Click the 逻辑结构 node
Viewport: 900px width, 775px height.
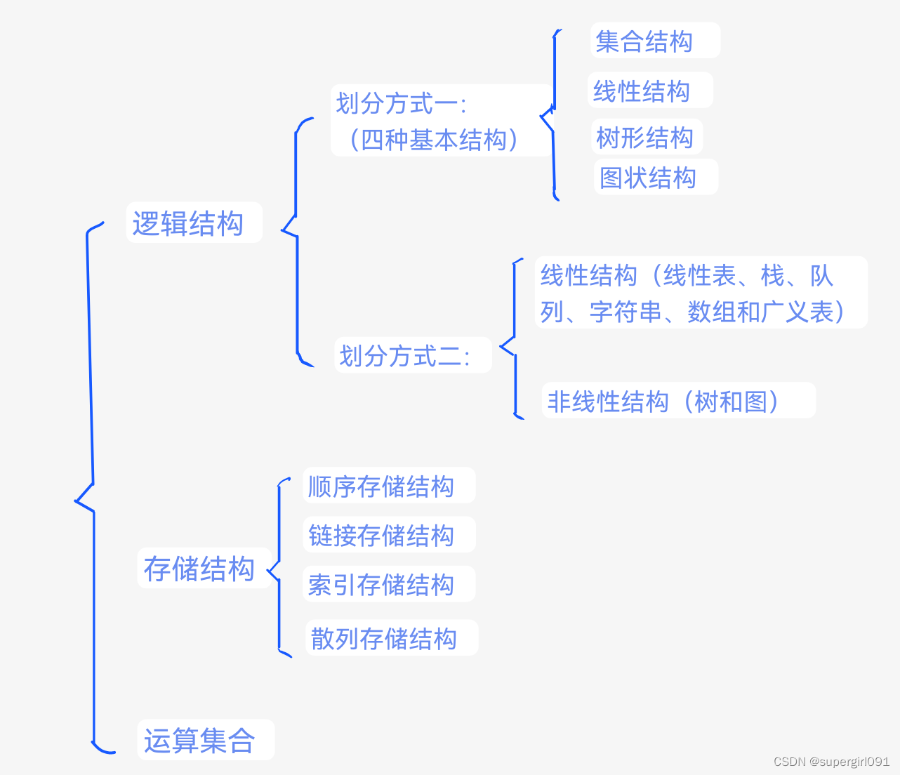tap(188, 224)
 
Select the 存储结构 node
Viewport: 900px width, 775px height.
tap(199, 569)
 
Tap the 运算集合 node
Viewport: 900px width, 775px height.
tap(199, 740)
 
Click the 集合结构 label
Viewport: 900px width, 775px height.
tap(644, 41)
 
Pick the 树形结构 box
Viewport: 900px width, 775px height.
tap(645, 138)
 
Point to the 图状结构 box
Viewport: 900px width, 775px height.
tap(648, 178)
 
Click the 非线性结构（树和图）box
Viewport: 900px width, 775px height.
tap(664, 402)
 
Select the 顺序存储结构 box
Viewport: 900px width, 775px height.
tap(381, 486)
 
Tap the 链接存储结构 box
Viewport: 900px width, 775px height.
tap(381, 535)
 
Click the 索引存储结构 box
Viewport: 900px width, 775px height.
tap(381, 584)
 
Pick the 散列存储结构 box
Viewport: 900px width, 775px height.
tap(384, 638)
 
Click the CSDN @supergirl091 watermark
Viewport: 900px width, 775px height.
tap(831, 762)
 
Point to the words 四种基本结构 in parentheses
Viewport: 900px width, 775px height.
tap(434, 140)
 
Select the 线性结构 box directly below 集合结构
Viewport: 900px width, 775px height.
tap(642, 91)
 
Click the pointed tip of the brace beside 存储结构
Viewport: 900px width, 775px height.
tap(268, 571)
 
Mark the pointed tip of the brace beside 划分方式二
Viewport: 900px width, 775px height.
tap(501, 346)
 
